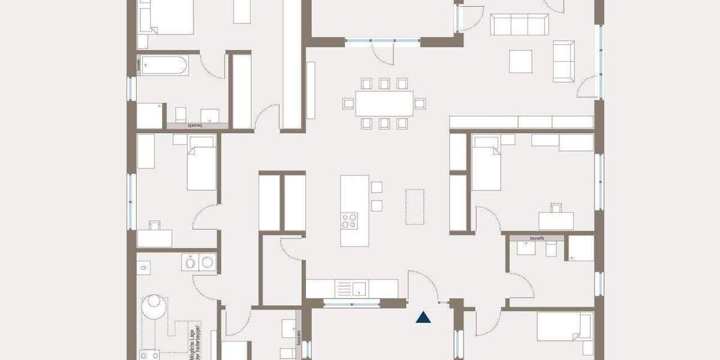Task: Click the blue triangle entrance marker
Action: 424,317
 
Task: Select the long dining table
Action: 384,103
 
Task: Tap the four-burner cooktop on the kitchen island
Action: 349,220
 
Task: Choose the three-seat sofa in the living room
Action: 520,25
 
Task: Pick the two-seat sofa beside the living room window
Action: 563,61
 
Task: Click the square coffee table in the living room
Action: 521,61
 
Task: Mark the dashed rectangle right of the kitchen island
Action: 415,206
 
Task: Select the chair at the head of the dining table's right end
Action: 420,103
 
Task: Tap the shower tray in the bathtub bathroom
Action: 150,116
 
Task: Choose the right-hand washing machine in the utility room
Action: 208,262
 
